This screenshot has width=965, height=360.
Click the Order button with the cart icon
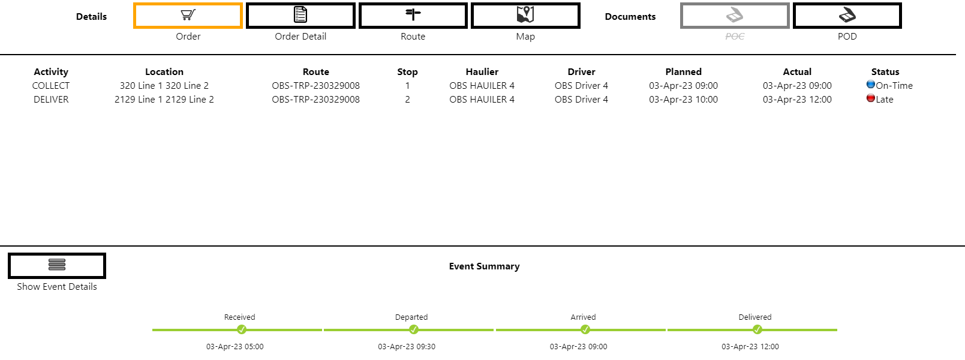[188, 16]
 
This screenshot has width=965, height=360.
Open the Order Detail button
[300, 16]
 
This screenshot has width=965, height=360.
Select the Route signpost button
[413, 16]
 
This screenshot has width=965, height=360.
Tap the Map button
[525, 16]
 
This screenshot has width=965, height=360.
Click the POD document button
[847, 16]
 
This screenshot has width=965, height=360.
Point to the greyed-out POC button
[735, 16]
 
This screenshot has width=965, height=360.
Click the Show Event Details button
[57, 266]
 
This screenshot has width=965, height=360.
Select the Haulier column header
[482, 71]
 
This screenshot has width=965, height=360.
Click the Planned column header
[683, 71]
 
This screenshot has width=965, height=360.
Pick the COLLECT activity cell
[51, 86]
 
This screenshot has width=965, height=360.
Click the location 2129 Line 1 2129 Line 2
[164, 100]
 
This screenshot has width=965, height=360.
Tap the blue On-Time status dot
[871, 84]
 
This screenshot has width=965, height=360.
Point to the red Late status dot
[871, 98]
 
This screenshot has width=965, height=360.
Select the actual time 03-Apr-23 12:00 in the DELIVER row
[797, 100]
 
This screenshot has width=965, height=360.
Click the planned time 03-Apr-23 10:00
[683, 100]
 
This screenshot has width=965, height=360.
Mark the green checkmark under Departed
[414, 330]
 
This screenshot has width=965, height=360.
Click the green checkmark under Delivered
[757, 330]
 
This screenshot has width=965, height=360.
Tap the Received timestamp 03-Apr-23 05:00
[235, 347]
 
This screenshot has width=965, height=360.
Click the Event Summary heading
[484, 266]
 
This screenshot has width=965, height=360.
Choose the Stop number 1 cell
[408, 86]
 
